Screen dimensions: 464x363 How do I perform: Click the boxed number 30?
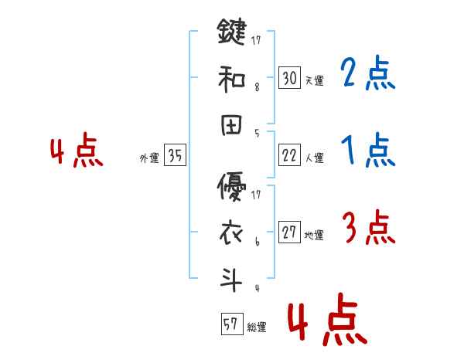pyautogui.click(x=290, y=77)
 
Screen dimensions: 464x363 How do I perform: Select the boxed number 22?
pyautogui.click(x=290, y=155)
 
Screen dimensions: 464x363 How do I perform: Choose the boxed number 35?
pyautogui.click(x=176, y=156)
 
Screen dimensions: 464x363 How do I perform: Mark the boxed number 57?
pyautogui.click(x=230, y=324)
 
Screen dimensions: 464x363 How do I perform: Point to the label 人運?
pyautogui.click(x=314, y=158)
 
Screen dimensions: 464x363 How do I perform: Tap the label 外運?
pyautogui.click(x=149, y=158)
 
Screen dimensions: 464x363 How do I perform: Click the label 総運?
pyautogui.click(x=256, y=327)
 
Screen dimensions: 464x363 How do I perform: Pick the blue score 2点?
pyautogui.click(x=368, y=74)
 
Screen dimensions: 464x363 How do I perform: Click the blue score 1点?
pyautogui.click(x=368, y=151)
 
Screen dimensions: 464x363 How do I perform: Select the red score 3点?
pyautogui.click(x=368, y=229)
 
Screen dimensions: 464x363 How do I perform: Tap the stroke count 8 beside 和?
pyautogui.click(x=257, y=87)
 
